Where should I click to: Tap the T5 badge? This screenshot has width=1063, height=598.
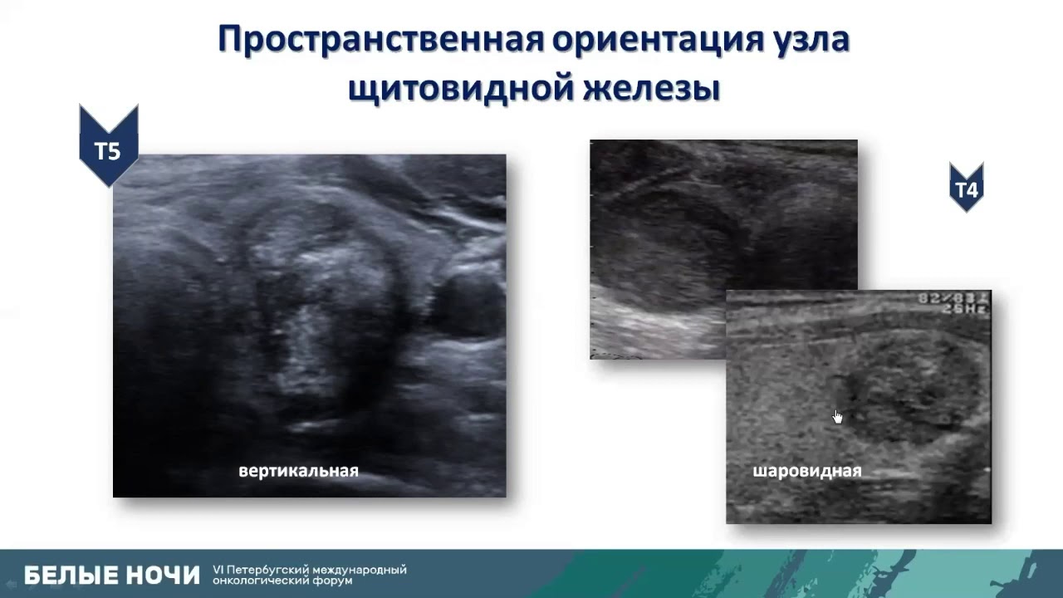108,150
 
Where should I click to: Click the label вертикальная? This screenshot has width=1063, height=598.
298,471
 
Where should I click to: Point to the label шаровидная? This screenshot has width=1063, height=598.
806,471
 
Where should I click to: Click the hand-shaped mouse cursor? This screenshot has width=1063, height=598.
837,416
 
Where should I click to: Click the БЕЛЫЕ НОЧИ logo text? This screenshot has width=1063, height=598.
112,575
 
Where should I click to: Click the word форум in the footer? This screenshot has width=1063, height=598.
332,581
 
